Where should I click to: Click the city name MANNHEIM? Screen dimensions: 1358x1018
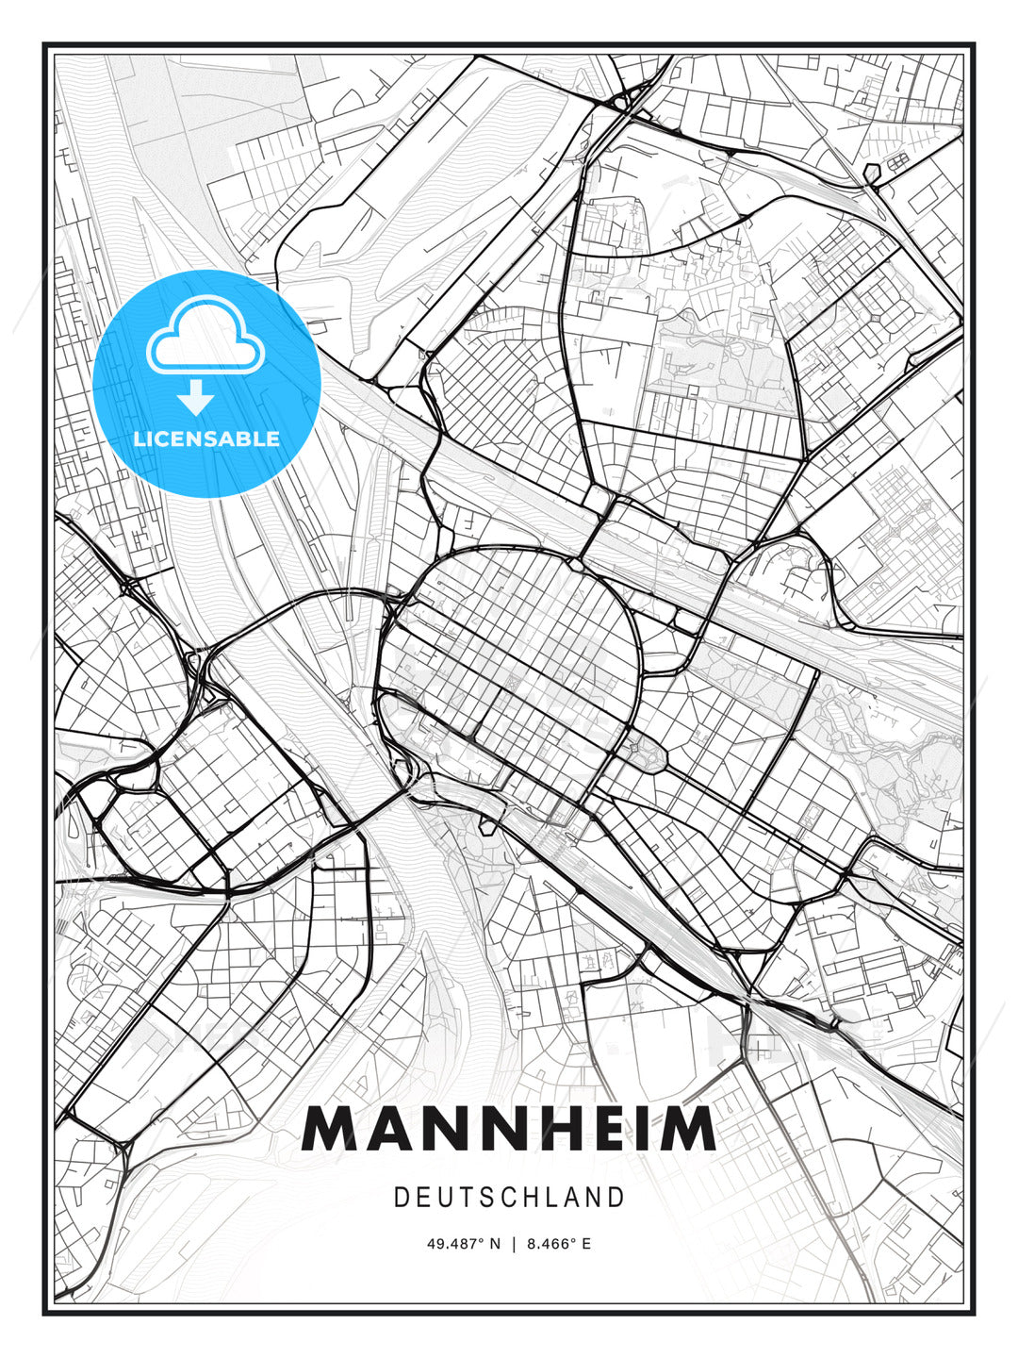[x=509, y=1129]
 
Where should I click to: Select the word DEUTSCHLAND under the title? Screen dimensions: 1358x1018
[x=509, y=1198]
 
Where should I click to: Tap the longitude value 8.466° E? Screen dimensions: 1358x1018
[x=559, y=1244]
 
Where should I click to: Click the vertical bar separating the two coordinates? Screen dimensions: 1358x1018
[x=514, y=1244]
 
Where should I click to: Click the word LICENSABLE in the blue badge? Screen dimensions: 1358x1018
[x=206, y=439]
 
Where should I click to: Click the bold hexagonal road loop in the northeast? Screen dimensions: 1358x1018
[x=872, y=173]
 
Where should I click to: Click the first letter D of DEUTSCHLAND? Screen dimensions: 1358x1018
[x=400, y=1198]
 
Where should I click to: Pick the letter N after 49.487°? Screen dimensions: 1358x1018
[x=496, y=1244]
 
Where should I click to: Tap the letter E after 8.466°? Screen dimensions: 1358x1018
[x=586, y=1244]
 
